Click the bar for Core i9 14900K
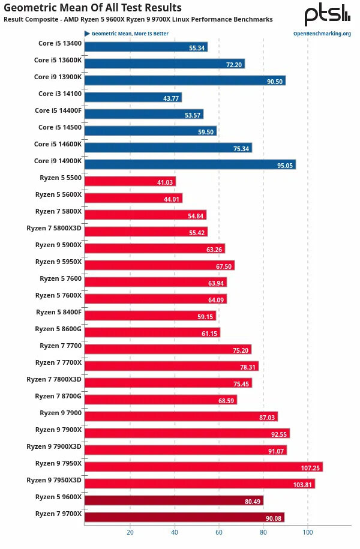point(190,164)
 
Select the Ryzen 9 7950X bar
point(203,467)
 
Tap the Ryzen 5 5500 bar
point(130,181)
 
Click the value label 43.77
point(172,98)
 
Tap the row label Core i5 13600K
point(58,60)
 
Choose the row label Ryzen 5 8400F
point(59,312)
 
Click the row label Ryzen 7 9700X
point(58,515)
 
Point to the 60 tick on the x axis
point(219,532)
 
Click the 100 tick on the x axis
point(308,532)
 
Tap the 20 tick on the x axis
point(130,532)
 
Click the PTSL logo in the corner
point(327,14)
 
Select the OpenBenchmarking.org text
point(322,34)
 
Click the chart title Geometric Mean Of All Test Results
point(92,8)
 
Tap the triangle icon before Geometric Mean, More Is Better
point(88,34)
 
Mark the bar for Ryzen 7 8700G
point(161,400)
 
